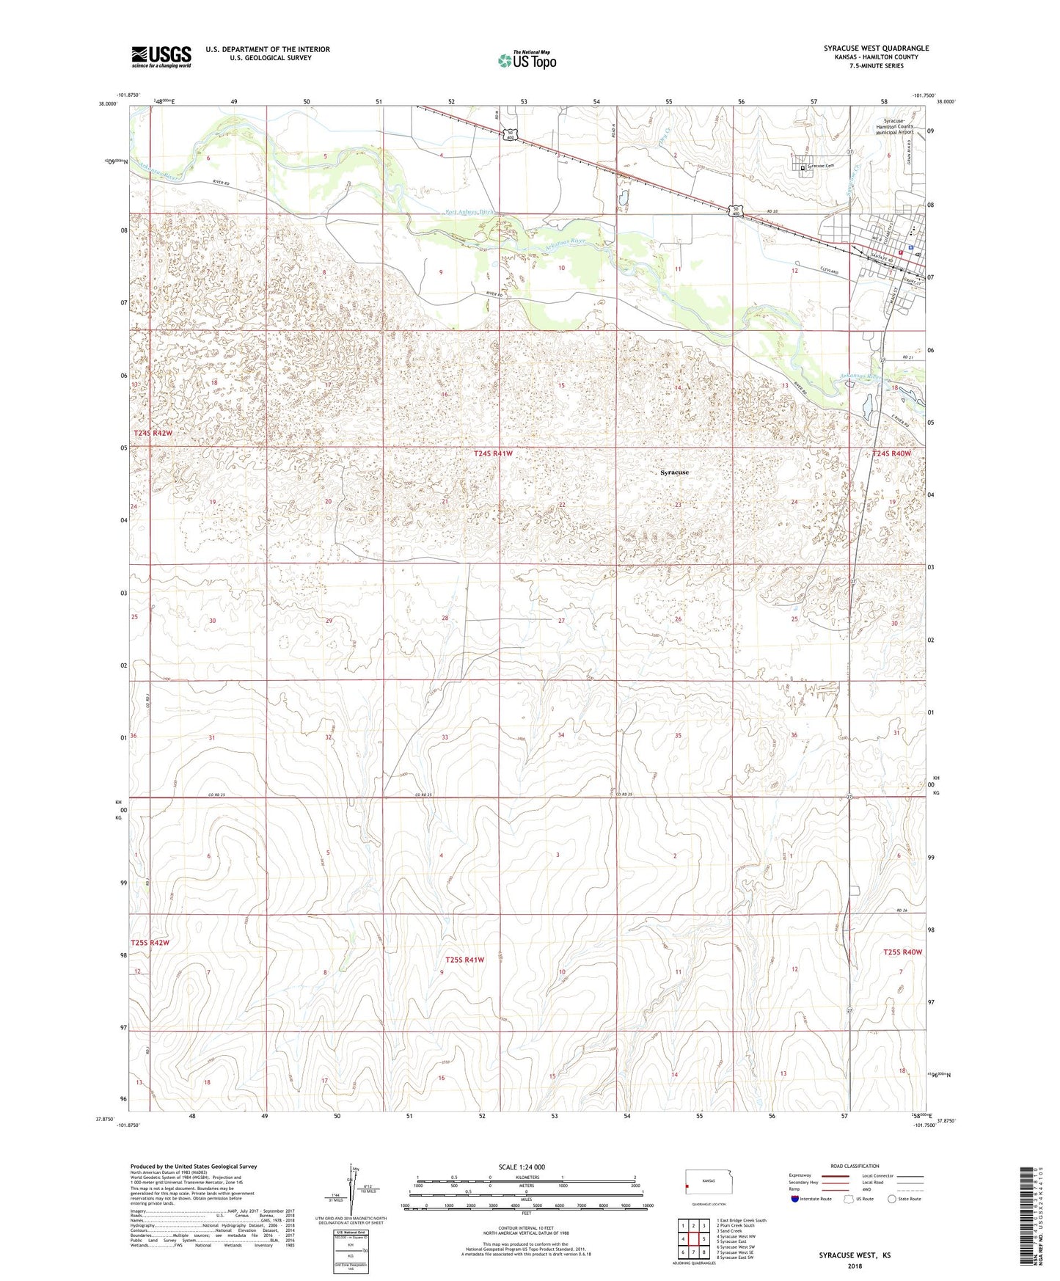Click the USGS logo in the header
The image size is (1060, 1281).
161,56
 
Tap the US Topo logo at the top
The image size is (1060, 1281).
527,60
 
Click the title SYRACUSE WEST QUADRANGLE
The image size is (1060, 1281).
876,48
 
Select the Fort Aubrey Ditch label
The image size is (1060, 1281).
470,212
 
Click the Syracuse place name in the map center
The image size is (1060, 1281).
674,472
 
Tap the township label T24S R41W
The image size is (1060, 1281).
493,454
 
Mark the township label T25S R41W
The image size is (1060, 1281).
465,960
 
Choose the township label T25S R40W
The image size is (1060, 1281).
902,952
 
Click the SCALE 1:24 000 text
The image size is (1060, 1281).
522,1167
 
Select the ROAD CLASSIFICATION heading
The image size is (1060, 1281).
855,1166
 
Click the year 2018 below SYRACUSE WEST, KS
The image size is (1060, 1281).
855,1266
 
